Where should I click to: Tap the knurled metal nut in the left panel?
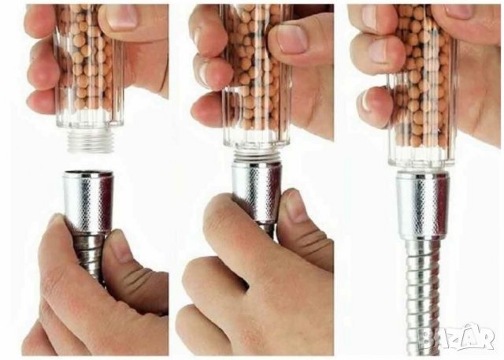[x=87, y=202]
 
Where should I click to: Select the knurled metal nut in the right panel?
[x=422, y=204]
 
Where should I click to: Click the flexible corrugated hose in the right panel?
[x=423, y=295]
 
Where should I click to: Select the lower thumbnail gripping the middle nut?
[x=294, y=205]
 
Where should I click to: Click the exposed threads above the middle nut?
[x=256, y=154]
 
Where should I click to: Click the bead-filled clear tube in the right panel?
[x=422, y=87]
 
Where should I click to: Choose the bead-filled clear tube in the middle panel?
[x=258, y=74]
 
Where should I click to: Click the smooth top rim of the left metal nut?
[x=87, y=176]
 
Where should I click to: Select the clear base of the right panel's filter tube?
[x=422, y=157]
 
